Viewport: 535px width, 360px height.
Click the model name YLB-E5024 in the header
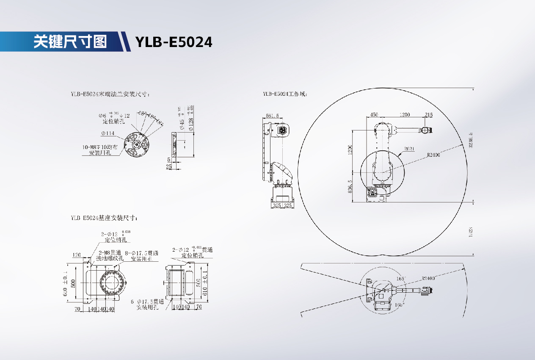click(x=174, y=42)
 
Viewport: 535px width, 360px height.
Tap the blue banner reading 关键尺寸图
click(x=70, y=42)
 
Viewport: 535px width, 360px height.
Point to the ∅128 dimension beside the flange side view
click(x=191, y=123)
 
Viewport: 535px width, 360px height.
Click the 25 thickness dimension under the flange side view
click(x=169, y=167)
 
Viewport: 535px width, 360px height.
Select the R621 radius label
click(x=409, y=149)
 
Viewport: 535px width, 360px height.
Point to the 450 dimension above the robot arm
click(x=374, y=115)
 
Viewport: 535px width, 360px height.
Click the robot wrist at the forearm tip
click(x=425, y=130)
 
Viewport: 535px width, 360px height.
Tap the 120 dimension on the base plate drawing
click(x=77, y=255)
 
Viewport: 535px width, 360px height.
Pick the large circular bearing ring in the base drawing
click(x=113, y=282)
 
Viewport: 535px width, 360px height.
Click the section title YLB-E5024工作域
click(x=284, y=94)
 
